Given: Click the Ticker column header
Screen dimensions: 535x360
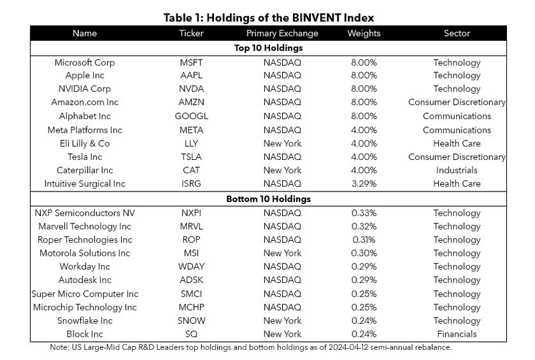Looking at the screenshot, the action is [x=191, y=33].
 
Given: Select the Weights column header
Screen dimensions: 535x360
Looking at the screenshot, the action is [x=364, y=33].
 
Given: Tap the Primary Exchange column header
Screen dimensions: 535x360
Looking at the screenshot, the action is [x=282, y=33].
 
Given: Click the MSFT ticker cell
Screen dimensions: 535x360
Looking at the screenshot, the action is [x=191, y=62].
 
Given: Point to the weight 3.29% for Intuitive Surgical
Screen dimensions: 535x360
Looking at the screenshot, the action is [x=364, y=184].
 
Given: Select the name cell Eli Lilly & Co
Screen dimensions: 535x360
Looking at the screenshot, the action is [x=85, y=144].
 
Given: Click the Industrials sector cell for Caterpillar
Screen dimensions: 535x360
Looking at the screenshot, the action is [x=457, y=170].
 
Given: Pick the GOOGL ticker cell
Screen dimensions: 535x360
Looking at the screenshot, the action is [x=191, y=116].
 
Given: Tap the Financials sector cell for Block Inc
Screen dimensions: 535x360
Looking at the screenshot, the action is [x=457, y=334].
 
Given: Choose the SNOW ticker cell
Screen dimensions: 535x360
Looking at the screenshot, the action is [x=191, y=321].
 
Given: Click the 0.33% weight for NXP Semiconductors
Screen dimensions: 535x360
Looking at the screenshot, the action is [x=364, y=213].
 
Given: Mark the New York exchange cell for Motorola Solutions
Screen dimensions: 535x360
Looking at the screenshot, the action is [x=282, y=253].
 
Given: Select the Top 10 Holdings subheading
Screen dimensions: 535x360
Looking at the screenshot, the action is [x=268, y=48].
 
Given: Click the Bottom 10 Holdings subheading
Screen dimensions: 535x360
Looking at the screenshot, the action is [x=268, y=199].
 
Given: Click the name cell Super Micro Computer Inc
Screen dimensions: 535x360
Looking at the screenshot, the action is [x=85, y=294].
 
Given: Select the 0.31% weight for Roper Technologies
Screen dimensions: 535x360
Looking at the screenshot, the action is [x=364, y=240].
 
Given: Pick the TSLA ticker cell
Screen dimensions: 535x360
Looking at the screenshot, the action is [x=191, y=157].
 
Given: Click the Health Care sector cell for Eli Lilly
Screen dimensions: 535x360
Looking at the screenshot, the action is [x=457, y=143].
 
